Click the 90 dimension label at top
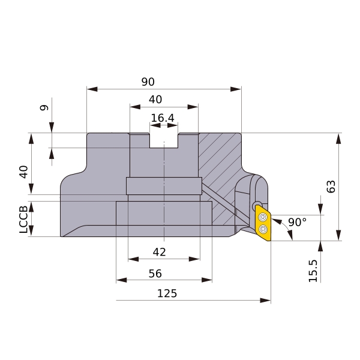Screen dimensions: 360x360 pos(148,82)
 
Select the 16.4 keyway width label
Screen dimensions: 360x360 pos(163,118)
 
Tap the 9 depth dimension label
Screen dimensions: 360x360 pos(44,107)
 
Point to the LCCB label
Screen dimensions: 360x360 pos(23,220)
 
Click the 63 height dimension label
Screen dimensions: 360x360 pos(331,187)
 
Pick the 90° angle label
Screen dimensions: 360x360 pos(298,222)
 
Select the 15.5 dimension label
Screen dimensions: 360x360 pos(313,271)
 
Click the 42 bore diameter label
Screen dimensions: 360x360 pos(160,252)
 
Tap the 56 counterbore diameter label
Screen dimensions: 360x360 pos(155,274)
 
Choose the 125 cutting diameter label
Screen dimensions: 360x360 pos(167,293)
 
